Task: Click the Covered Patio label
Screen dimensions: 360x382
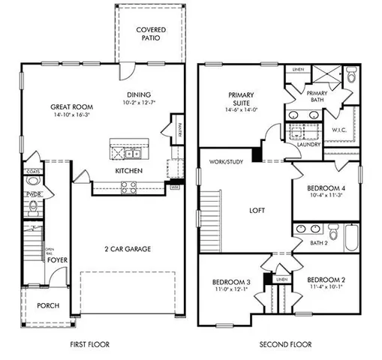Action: click(151, 34)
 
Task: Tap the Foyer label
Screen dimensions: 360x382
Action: click(57, 261)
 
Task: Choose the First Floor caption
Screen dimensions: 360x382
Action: click(91, 344)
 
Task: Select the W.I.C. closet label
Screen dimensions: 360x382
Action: click(339, 130)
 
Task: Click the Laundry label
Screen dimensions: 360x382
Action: click(309, 144)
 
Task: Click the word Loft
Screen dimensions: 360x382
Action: click(258, 211)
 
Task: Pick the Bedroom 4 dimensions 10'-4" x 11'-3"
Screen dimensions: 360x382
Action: click(325, 196)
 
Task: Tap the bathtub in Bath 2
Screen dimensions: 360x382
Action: click(346, 242)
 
